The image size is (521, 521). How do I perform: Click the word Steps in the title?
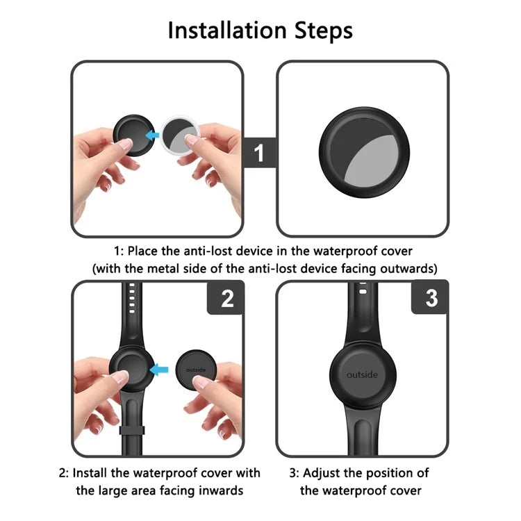point(320,31)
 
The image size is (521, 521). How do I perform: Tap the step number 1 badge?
point(260,152)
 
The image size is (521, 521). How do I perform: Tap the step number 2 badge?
point(226,299)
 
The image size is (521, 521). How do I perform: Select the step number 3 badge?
point(431,299)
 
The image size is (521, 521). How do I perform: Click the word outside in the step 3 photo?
point(362,375)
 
